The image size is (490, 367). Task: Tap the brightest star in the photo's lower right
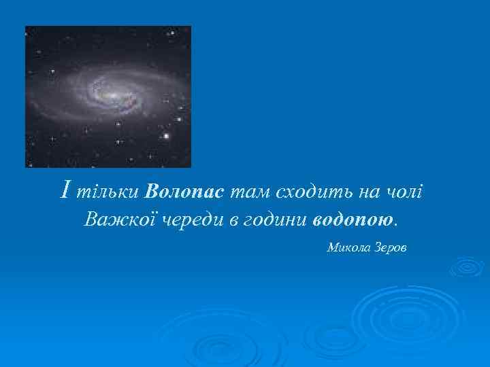point(165,137)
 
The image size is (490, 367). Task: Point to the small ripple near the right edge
point(468,267)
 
